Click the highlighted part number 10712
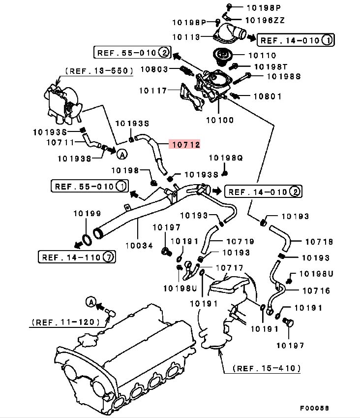pyautogui.click(x=184, y=144)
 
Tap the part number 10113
pyautogui.click(x=186, y=36)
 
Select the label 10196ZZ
pyautogui.click(x=265, y=20)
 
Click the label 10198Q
pyautogui.click(x=226, y=158)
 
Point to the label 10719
pyautogui.click(x=240, y=241)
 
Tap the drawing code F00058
pyautogui.click(x=315, y=408)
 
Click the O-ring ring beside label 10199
pyautogui.click(x=85, y=240)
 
